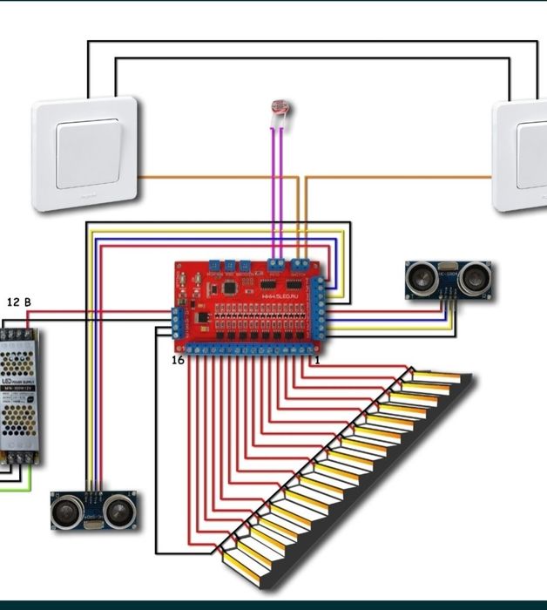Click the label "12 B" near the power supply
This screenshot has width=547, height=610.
click(19, 302)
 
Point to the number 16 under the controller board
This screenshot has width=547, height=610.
click(178, 360)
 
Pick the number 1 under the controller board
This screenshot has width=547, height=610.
click(317, 359)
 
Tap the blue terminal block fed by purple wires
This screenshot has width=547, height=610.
click(277, 262)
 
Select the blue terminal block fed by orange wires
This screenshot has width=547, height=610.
click(301, 262)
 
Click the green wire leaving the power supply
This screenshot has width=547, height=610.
click(16, 490)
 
